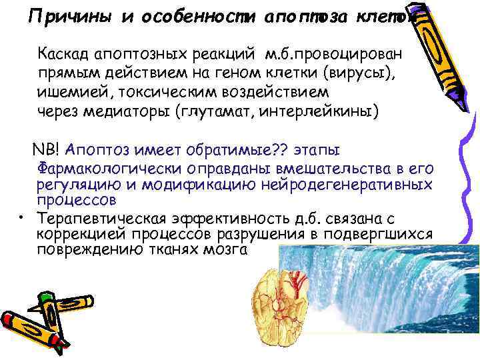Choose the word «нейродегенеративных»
pyautogui.click(x=355, y=184)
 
